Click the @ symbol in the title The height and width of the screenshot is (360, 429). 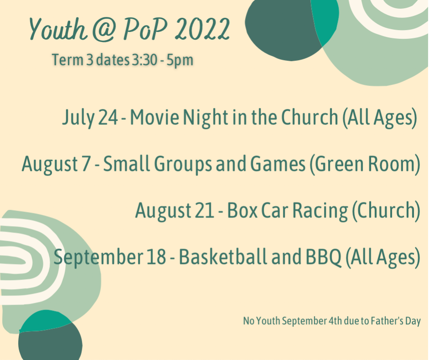coord(104,30)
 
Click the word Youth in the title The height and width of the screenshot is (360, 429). coord(58,29)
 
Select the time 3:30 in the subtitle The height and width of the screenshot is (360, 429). coord(145,59)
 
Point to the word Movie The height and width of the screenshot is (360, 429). coord(155,117)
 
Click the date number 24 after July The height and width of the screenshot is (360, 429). coord(108,117)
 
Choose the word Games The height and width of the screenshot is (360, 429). coord(278,164)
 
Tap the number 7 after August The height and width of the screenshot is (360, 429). coord(86,164)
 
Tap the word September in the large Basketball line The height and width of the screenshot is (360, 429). coord(99,258)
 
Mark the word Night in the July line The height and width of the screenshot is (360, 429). coord(205,118)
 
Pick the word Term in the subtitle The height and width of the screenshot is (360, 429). coord(68,59)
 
